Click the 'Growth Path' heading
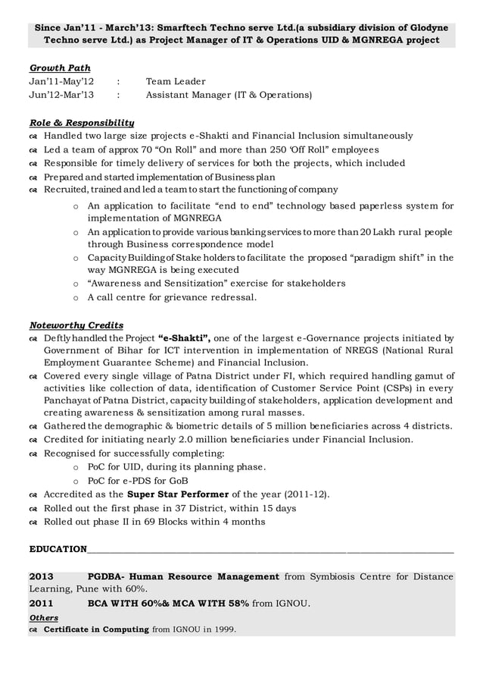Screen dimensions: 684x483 coord(60,68)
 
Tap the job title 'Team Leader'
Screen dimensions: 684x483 coord(176,82)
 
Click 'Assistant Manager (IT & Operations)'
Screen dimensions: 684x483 coord(228,96)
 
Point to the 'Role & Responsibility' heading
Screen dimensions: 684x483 coord(82,122)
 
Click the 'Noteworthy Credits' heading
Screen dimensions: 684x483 coord(76,325)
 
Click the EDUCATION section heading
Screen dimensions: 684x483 coord(58,548)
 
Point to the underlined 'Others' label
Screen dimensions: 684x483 coord(43,618)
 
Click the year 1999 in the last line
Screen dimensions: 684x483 coord(223,630)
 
